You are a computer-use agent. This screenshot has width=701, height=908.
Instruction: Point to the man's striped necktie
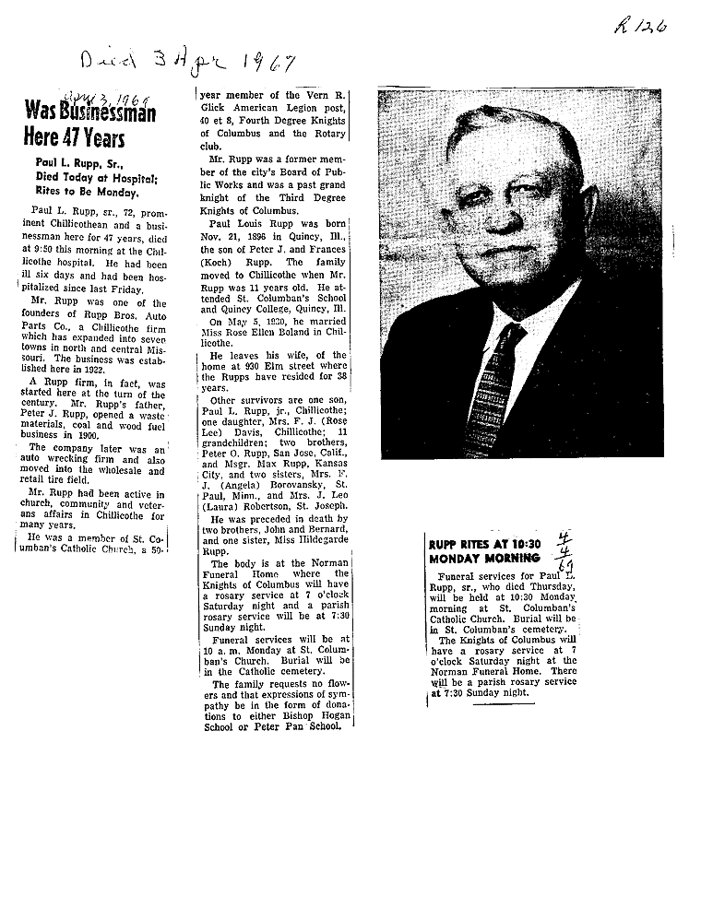tap(484, 387)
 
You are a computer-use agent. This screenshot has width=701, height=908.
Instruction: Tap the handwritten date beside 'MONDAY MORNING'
tap(561, 549)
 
